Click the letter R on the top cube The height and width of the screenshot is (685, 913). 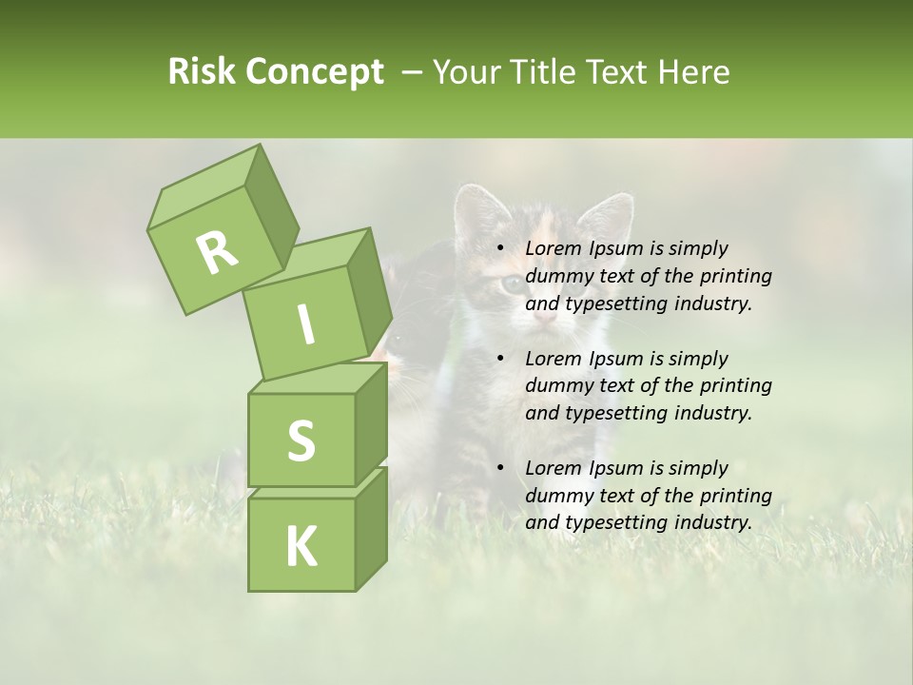[x=217, y=253]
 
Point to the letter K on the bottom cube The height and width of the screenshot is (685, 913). [x=301, y=547]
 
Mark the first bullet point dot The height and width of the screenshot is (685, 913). [x=501, y=249]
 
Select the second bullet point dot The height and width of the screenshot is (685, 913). [x=501, y=359]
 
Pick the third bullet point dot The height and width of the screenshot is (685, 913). [x=501, y=468]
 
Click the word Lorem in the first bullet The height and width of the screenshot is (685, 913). [x=553, y=249]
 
